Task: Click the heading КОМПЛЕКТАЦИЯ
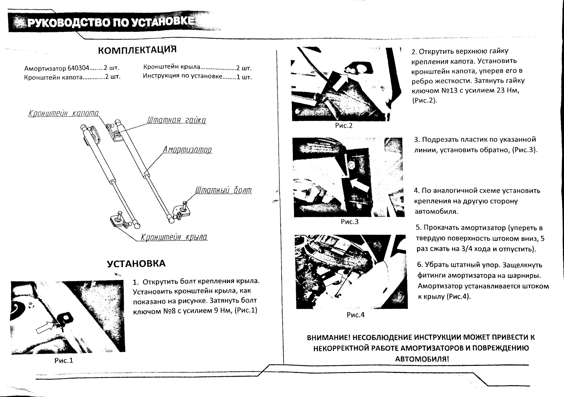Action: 137,50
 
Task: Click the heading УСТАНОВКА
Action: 136,264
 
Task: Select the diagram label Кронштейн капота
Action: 63,113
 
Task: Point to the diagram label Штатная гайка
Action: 176,120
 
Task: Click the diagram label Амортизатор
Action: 187,150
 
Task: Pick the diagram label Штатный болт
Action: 224,190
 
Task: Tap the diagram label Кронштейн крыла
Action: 174,237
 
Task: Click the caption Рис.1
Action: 64,361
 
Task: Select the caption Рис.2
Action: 344,126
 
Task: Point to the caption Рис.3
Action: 350,222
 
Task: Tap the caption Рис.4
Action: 355,315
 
